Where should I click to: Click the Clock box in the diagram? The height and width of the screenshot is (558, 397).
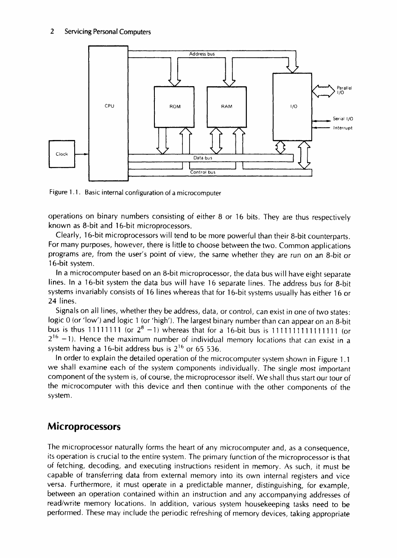(62, 154)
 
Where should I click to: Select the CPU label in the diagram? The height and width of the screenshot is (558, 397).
(108, 107)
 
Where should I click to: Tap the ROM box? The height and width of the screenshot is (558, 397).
(175, 107)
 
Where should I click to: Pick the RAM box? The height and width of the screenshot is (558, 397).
(226, 107)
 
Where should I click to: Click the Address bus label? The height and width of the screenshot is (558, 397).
(201, 54)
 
